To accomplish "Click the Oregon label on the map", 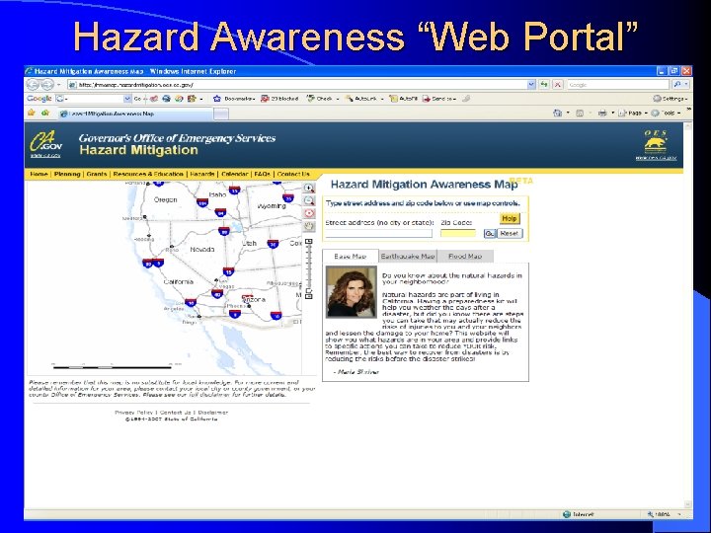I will click(x=165, y=199).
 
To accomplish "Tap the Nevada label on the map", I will click(x=202, y=250).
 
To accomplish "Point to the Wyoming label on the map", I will click(x=272, y=206).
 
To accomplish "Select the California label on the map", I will click(x=179, y=281).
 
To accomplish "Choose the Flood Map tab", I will click(x=464, y=257).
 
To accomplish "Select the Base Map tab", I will click(x=350, y=257).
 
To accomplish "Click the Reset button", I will click(x=509, y=234).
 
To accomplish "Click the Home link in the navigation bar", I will click(x=39, y=175).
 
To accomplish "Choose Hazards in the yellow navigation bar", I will click(x=201, y=175).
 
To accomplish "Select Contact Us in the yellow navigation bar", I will click(x=293, y=175).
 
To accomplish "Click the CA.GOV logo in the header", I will click(x=45, y=145).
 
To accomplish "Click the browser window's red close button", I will click(x=686, y=72).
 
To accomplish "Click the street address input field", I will click(x=381, y=234).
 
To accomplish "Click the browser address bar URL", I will click(x=148, y=85).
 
